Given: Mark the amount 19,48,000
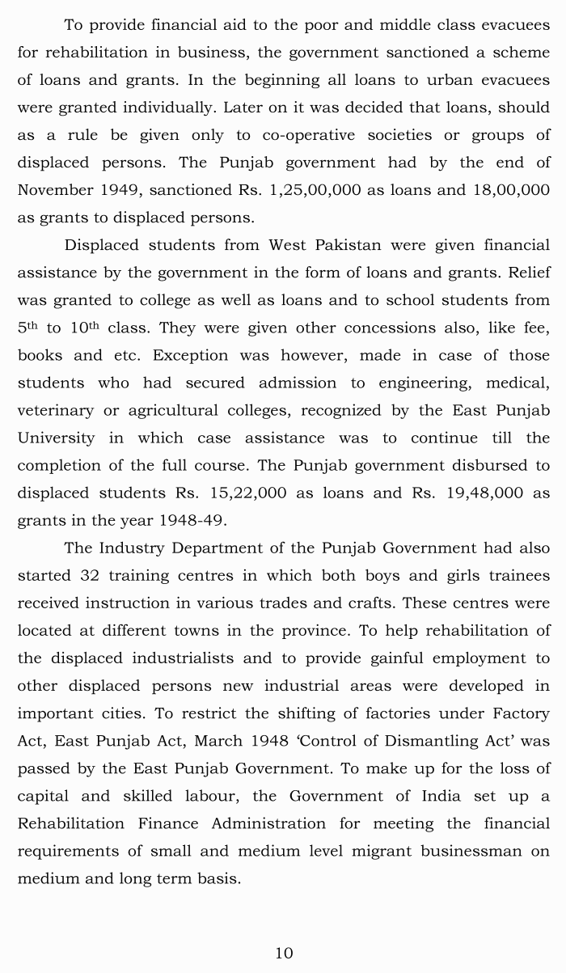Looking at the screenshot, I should coord(483,493).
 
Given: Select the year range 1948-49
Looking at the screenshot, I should coord(194,520).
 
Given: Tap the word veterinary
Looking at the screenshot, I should coord(55,410).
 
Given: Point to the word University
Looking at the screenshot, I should coord(56,438).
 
